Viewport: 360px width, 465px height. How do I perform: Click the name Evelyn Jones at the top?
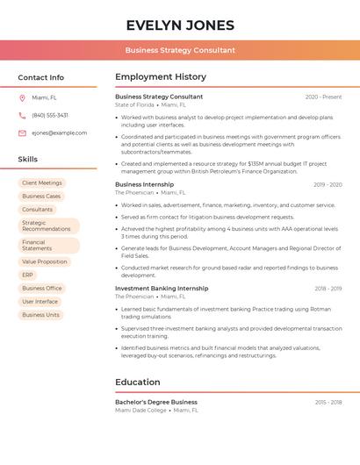click(x=180, y=25)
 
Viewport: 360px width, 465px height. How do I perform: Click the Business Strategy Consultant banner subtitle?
click(x=180, y=50)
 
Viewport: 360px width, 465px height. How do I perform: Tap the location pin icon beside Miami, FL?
click(x=22, y=98)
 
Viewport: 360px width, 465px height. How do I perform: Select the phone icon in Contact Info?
click(x=22, y=116)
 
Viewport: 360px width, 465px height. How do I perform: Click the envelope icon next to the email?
click(x=22, y=133)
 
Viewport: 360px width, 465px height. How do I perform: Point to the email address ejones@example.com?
click(x=59, y=133)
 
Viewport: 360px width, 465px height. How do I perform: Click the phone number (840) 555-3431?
click(x=50, y=116)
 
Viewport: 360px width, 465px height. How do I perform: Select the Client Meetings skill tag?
click(x=42, y=183)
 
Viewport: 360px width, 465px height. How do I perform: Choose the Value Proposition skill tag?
click(x=44, y=261)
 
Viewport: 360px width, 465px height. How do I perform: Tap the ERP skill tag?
click(x=28, y=275)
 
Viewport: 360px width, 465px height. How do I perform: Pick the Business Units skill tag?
click(x=40, y=314)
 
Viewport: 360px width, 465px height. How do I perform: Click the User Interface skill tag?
click(x=40, y=301)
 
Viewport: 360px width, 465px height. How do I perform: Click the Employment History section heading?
click(x=161, y=77)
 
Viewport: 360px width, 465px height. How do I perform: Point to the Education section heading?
click(x=138, y=383)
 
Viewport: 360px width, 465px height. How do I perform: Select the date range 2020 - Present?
click(x=323, y=97)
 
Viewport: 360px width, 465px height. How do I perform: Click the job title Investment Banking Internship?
click(x=162, y=289)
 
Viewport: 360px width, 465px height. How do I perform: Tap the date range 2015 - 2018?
click(x=328, y=403)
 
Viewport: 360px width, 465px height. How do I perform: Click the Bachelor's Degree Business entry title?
click(x=156, y=403)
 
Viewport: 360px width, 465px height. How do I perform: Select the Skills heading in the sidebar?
click(x=28, y=160)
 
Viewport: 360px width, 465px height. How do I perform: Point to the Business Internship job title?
click(x=144, y=185)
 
